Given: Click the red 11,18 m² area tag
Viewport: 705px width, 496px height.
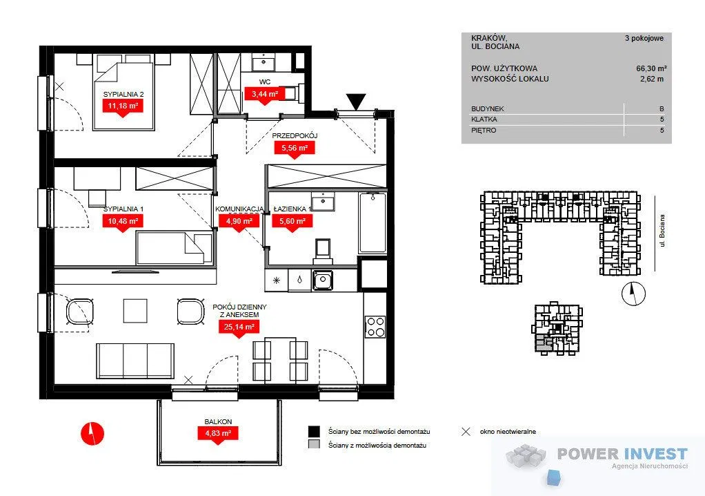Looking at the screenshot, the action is [x=122, y=106].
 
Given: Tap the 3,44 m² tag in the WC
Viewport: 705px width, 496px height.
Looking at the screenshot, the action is [x=265, y=94].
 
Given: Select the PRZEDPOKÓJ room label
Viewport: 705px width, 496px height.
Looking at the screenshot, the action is [x=295, y=135].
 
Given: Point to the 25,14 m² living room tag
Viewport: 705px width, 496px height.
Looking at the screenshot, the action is [x=239, y=326].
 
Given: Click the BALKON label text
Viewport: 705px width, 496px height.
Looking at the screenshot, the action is [x=218, y=421].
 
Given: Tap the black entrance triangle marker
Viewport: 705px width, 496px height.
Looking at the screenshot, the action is [x=356, y=101].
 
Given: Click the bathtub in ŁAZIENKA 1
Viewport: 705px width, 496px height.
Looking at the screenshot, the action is [x=372, y=223].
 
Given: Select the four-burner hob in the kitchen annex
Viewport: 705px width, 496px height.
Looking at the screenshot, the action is [x=375, y=327].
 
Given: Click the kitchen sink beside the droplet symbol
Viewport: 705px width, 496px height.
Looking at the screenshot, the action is [x=322, y=280].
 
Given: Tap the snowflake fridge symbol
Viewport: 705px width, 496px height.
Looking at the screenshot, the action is [x=277, y=280].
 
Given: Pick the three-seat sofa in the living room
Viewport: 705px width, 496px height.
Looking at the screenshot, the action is [x=135, y=361].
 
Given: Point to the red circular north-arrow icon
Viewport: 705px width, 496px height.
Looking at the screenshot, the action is [x=92, y=433].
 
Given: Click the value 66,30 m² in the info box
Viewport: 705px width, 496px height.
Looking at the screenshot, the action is [x=651, y=68].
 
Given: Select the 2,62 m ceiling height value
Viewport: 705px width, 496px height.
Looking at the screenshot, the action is [x=651, y=79].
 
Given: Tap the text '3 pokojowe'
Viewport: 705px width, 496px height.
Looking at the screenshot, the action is [x=644, y=38].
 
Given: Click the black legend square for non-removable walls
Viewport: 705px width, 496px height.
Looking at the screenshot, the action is [x=314, y=431].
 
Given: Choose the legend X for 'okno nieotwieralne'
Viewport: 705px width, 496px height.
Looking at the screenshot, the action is [x=466, y=432].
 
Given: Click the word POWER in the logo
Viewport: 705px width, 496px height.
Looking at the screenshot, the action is [x=587, y=454].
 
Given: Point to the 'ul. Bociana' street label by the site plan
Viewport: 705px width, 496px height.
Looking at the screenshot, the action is [x=662, y=230].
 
